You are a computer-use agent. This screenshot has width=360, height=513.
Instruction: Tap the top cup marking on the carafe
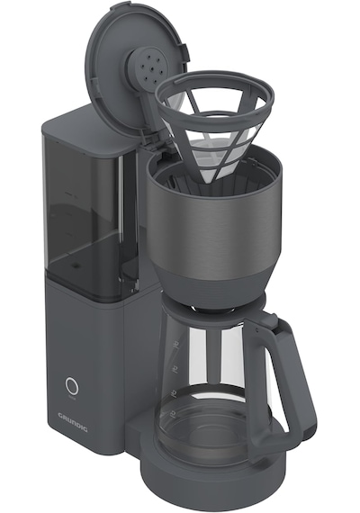pyautogui.click(x=176, y=344)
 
